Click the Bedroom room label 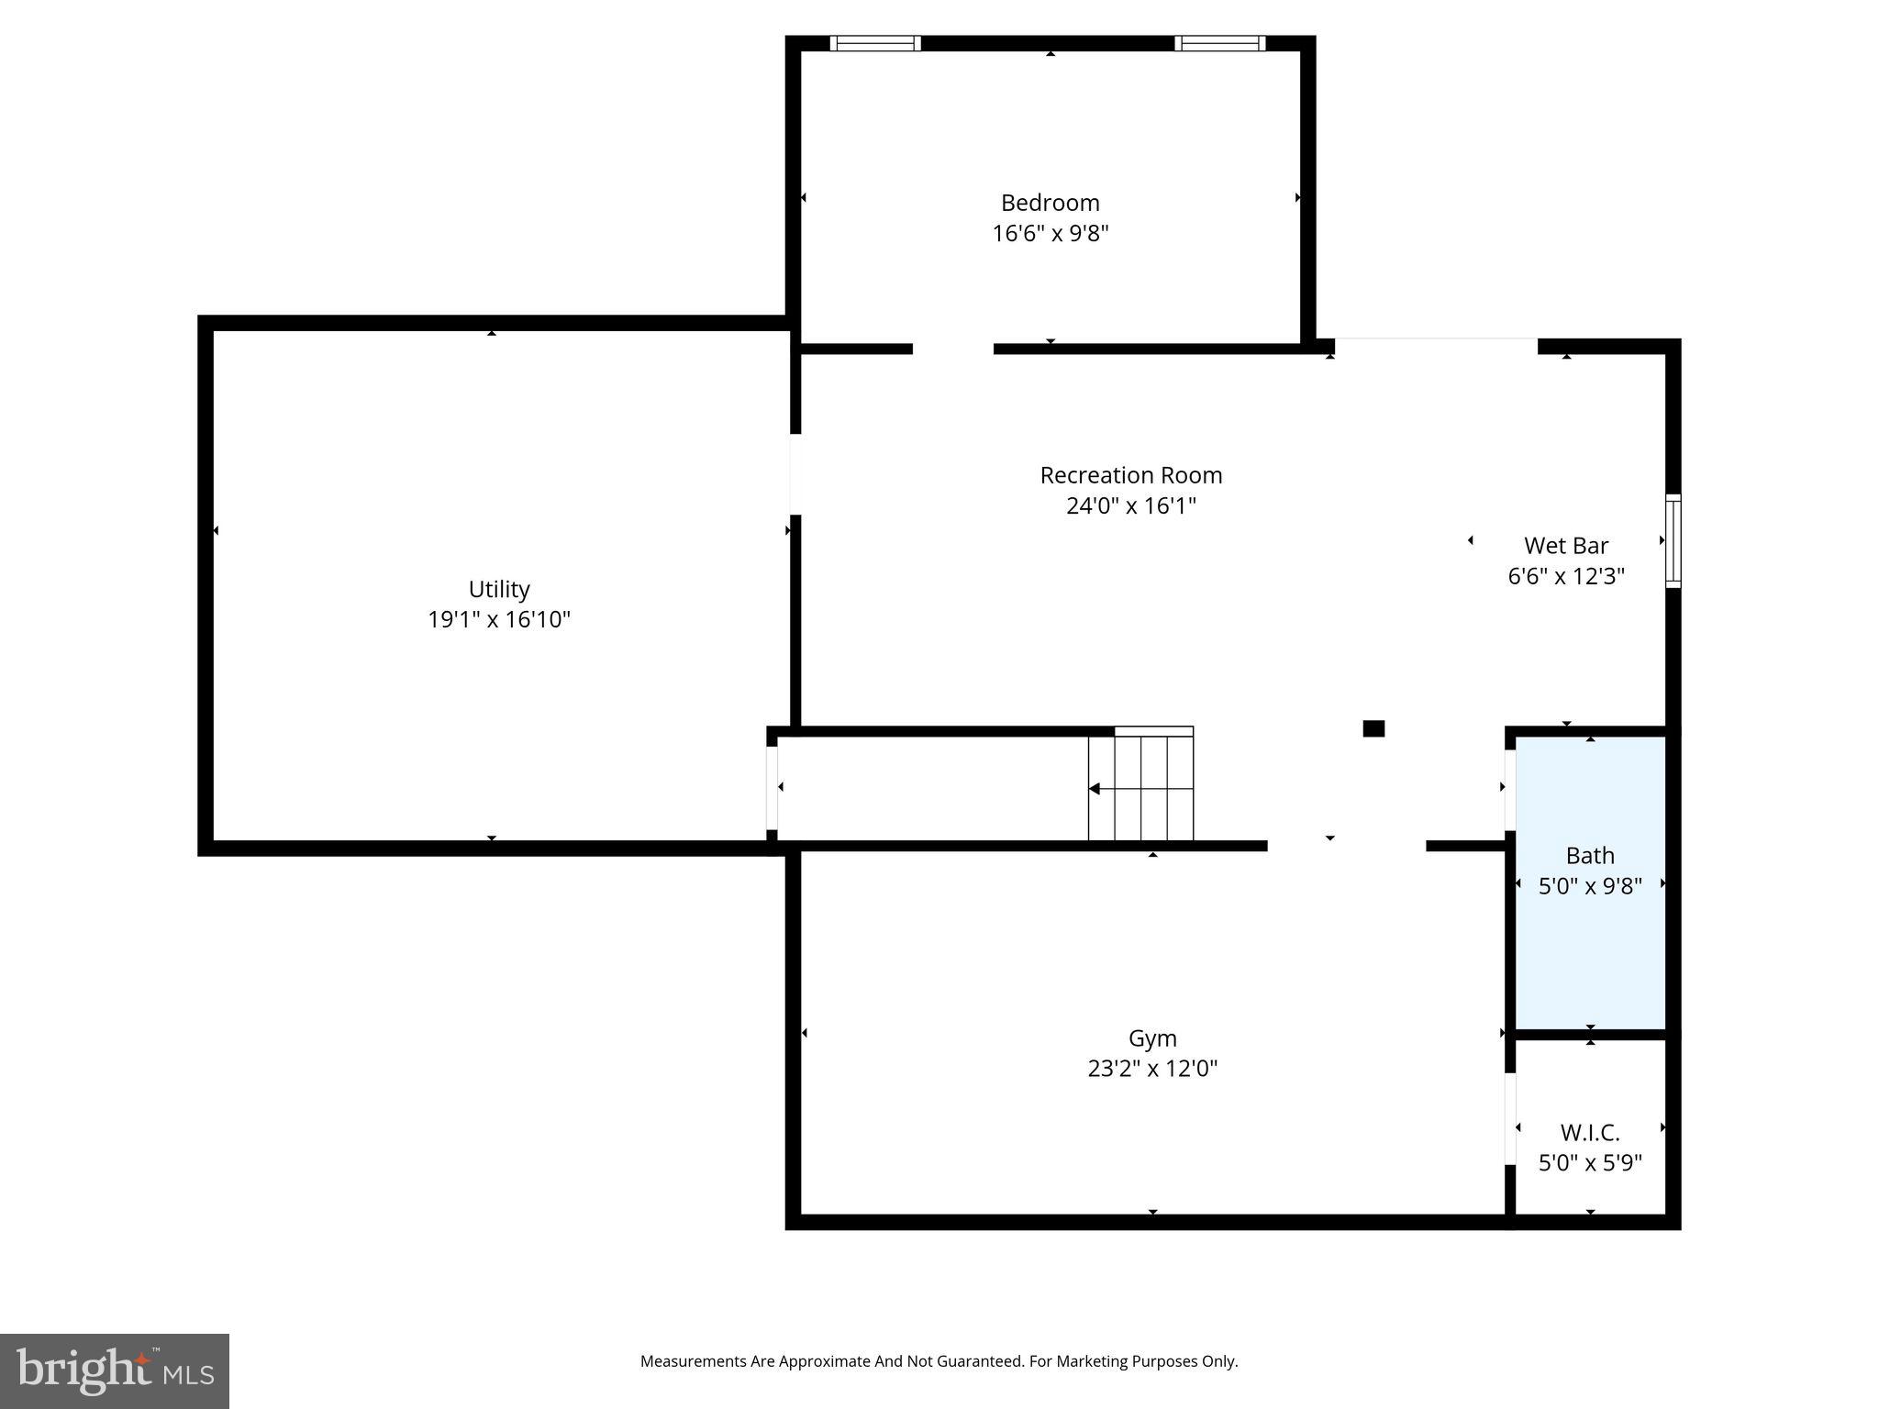pyautogui.click(x=1050, y=203)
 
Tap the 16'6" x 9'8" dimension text pyautogui.click(x=1050, y=234)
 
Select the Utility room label pyautogui.click(x=499, y=589)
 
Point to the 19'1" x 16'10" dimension pyautogui.click(x=499, y=620)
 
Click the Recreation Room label pyautogui.click(x=1130, y=475)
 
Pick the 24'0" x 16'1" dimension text pyautogui.click(x=1130, y=506)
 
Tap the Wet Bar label pyautogui.click(x=1565, y=546)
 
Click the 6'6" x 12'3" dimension pyautogui.click(x=1565, y=577)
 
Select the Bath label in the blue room pyautogui.click(x=1589, y=856)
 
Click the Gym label pyautogui.click(x=1151, y=1038)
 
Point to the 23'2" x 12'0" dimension pyautogui.click(x=1151, y=1069)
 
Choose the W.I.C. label pyautogui.click(x=1589, y=1133)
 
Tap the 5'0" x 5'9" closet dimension pyautogui.click(x=1589, y=1163)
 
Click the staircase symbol pyautogui.click(x=1140, y=787)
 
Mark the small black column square pyautogui.click(x=1373, y=728)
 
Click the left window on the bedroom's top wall pyautogui.click(x=874, y=43)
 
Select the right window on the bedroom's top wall pyautogui.click(x=1219, y=43)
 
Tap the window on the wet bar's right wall pyautogui.click(x=1673, y=540)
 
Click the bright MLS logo pyautogui.click(x=115, y=1370)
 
